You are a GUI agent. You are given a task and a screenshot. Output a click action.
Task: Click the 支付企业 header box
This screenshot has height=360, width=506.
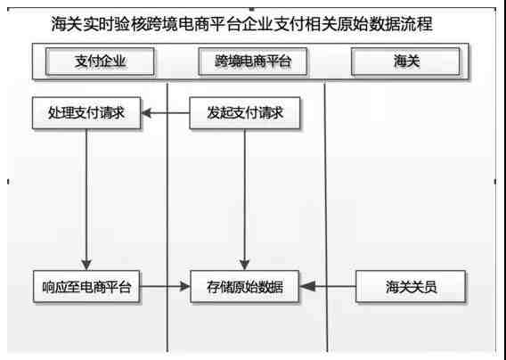point(100,61)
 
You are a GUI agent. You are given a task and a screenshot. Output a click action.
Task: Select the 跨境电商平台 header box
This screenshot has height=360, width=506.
point(253,61)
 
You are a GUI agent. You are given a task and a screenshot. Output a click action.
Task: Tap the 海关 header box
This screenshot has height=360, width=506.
point(405,61)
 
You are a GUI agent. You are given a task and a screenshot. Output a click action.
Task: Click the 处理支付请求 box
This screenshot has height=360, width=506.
point(86,113)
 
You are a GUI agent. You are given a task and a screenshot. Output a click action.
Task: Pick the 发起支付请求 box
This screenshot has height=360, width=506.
point(245,113)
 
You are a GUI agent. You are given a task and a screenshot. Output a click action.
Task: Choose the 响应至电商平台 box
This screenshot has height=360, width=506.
point(86,286)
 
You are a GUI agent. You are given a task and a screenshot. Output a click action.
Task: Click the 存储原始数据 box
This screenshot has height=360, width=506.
point(245,286)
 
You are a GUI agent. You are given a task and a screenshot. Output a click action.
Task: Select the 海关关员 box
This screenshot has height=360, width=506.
point(411,286)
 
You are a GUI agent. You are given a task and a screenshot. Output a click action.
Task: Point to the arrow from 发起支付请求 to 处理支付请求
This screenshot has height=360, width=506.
point(165,113)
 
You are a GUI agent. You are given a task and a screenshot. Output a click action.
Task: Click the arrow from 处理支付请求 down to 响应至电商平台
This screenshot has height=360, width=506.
point(86,200)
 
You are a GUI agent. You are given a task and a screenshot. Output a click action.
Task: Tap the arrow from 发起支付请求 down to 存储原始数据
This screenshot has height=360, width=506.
point(245,200)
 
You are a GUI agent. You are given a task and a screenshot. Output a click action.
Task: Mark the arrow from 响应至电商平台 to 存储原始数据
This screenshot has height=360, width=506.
point(165,286)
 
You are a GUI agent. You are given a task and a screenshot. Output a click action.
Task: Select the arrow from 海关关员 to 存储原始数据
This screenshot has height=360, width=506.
point(328,286)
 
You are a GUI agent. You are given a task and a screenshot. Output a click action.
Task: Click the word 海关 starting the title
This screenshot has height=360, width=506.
point(67,24)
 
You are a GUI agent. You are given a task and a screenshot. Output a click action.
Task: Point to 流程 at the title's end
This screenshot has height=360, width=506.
point(416,24)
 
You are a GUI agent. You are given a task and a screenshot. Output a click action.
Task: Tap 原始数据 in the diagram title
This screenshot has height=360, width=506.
point(369,24)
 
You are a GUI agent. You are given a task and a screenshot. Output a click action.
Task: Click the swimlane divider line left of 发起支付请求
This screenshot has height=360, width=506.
point(167,217)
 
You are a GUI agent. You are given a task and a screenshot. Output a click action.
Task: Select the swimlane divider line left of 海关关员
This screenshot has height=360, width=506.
point(326,217)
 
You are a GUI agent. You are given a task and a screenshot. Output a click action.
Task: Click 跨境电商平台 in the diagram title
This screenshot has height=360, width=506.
point(193,24)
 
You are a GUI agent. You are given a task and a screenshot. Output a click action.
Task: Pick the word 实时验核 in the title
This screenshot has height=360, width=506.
point(114,24)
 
